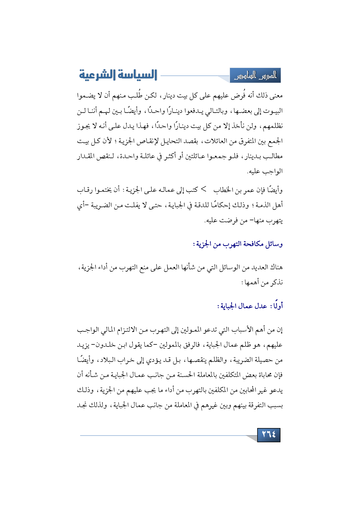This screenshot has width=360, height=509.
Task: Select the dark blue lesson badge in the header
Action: point(255,75)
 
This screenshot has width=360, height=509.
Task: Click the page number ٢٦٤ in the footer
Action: point(269,435)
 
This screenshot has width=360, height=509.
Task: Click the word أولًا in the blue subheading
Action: point(277,306)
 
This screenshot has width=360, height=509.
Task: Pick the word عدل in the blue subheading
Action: point(261,306)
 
